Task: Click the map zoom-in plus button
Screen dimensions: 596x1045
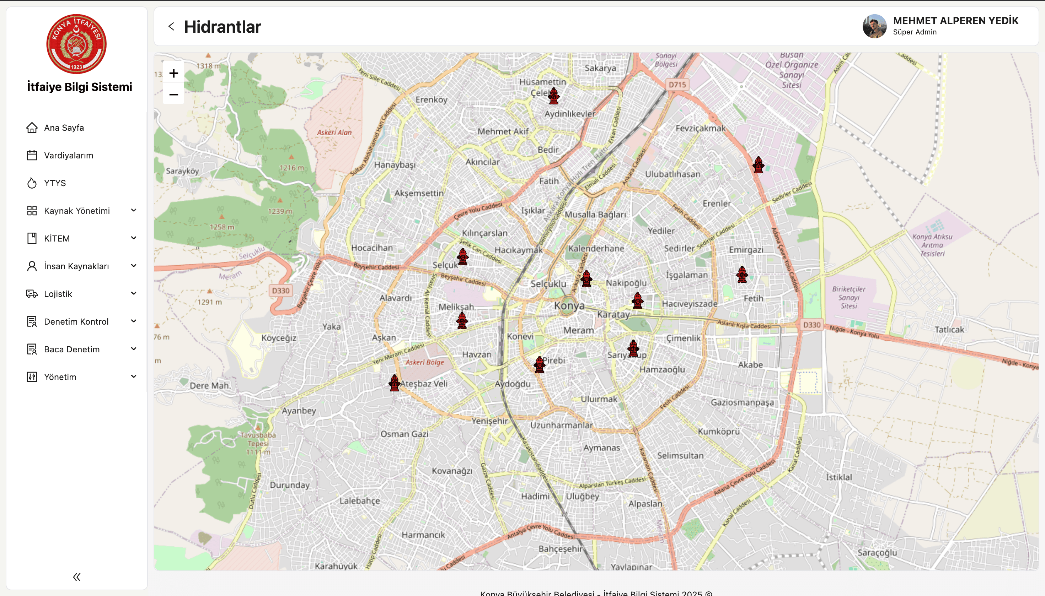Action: (173, 74)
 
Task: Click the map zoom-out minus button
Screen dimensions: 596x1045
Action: (173, 94)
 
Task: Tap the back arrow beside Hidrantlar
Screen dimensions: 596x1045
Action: (171, 27)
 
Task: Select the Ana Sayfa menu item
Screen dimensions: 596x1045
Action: (64, 128)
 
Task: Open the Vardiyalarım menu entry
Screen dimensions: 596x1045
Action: (68, 156)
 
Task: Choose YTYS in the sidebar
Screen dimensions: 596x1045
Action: (55, 183)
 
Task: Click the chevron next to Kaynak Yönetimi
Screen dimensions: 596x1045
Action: (134, 210)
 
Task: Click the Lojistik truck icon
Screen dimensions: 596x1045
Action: (32, 294)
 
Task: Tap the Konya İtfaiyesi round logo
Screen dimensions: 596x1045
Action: (77, 44)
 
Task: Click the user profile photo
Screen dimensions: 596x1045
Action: (874, 27)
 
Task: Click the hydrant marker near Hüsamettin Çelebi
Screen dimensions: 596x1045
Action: (554, 96)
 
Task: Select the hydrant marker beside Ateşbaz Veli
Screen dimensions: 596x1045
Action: (395, 383)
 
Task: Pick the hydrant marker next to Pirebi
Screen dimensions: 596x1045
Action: (540, 364)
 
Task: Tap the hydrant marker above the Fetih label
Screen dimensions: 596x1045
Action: (742, 274)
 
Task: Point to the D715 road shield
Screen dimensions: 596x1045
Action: (677, 85)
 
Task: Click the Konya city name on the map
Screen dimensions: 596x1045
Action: (569, 305)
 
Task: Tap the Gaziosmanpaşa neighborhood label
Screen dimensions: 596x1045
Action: (742, 402)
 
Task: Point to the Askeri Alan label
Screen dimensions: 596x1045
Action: (334, 132)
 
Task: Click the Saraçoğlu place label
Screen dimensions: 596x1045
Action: (877, 553)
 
